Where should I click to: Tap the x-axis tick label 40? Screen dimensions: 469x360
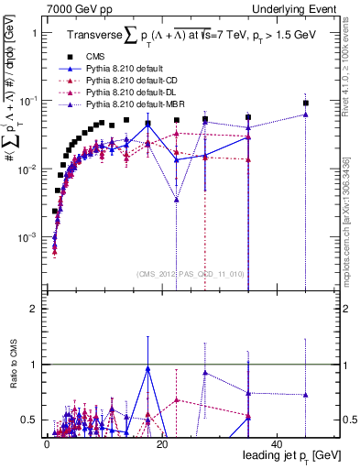(x=275, y=444)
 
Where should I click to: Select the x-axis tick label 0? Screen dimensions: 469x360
(x=47, y=444)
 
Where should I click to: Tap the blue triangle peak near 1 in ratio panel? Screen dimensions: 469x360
(x=147, y=368)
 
